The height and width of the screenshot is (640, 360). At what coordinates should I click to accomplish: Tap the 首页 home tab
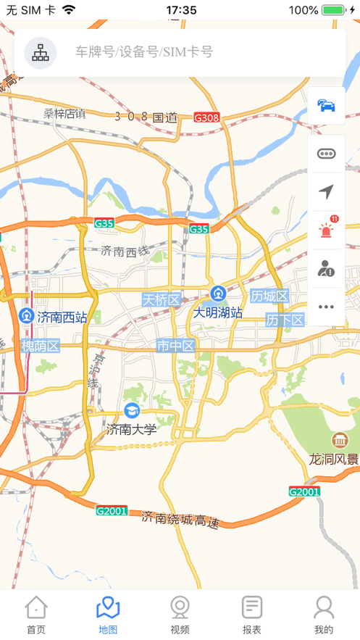tap(36, 615)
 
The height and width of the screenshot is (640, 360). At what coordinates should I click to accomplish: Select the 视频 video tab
tap(180, 615)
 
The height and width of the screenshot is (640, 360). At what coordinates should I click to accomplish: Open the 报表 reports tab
tap(252, 615)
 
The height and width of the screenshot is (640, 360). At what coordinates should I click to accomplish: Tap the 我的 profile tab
tap(324, 615)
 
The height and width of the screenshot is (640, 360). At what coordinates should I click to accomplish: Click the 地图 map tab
tap(108, 615)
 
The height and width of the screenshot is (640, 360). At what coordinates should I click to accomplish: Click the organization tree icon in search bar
tap(41, 52)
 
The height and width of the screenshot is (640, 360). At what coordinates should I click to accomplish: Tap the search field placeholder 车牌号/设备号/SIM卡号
tap(144, 52)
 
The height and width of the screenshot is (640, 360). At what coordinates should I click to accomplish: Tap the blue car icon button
tap(327, 106)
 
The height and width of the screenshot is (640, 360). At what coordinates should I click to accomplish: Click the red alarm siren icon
tap(327, 230)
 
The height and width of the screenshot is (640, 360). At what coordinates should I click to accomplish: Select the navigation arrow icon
tap(327, 191)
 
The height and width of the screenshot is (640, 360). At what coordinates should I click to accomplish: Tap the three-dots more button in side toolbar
tap(327, 307)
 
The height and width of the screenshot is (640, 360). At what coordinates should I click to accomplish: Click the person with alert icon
tap(327, 268)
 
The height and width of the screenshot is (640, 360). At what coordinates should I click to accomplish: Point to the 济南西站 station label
tap(62, 317)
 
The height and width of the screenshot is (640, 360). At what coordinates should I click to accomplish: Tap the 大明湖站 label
tap(217, 313)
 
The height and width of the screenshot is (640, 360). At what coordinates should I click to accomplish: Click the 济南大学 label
tap(132, 429)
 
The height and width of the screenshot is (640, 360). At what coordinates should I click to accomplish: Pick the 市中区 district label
tap(176, 346)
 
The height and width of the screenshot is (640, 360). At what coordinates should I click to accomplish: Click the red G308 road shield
tap(206, 117)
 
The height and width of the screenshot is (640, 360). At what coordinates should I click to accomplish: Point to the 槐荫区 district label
tap(40, 346)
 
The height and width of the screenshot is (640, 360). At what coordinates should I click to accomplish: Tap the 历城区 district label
tap(269, 296)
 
